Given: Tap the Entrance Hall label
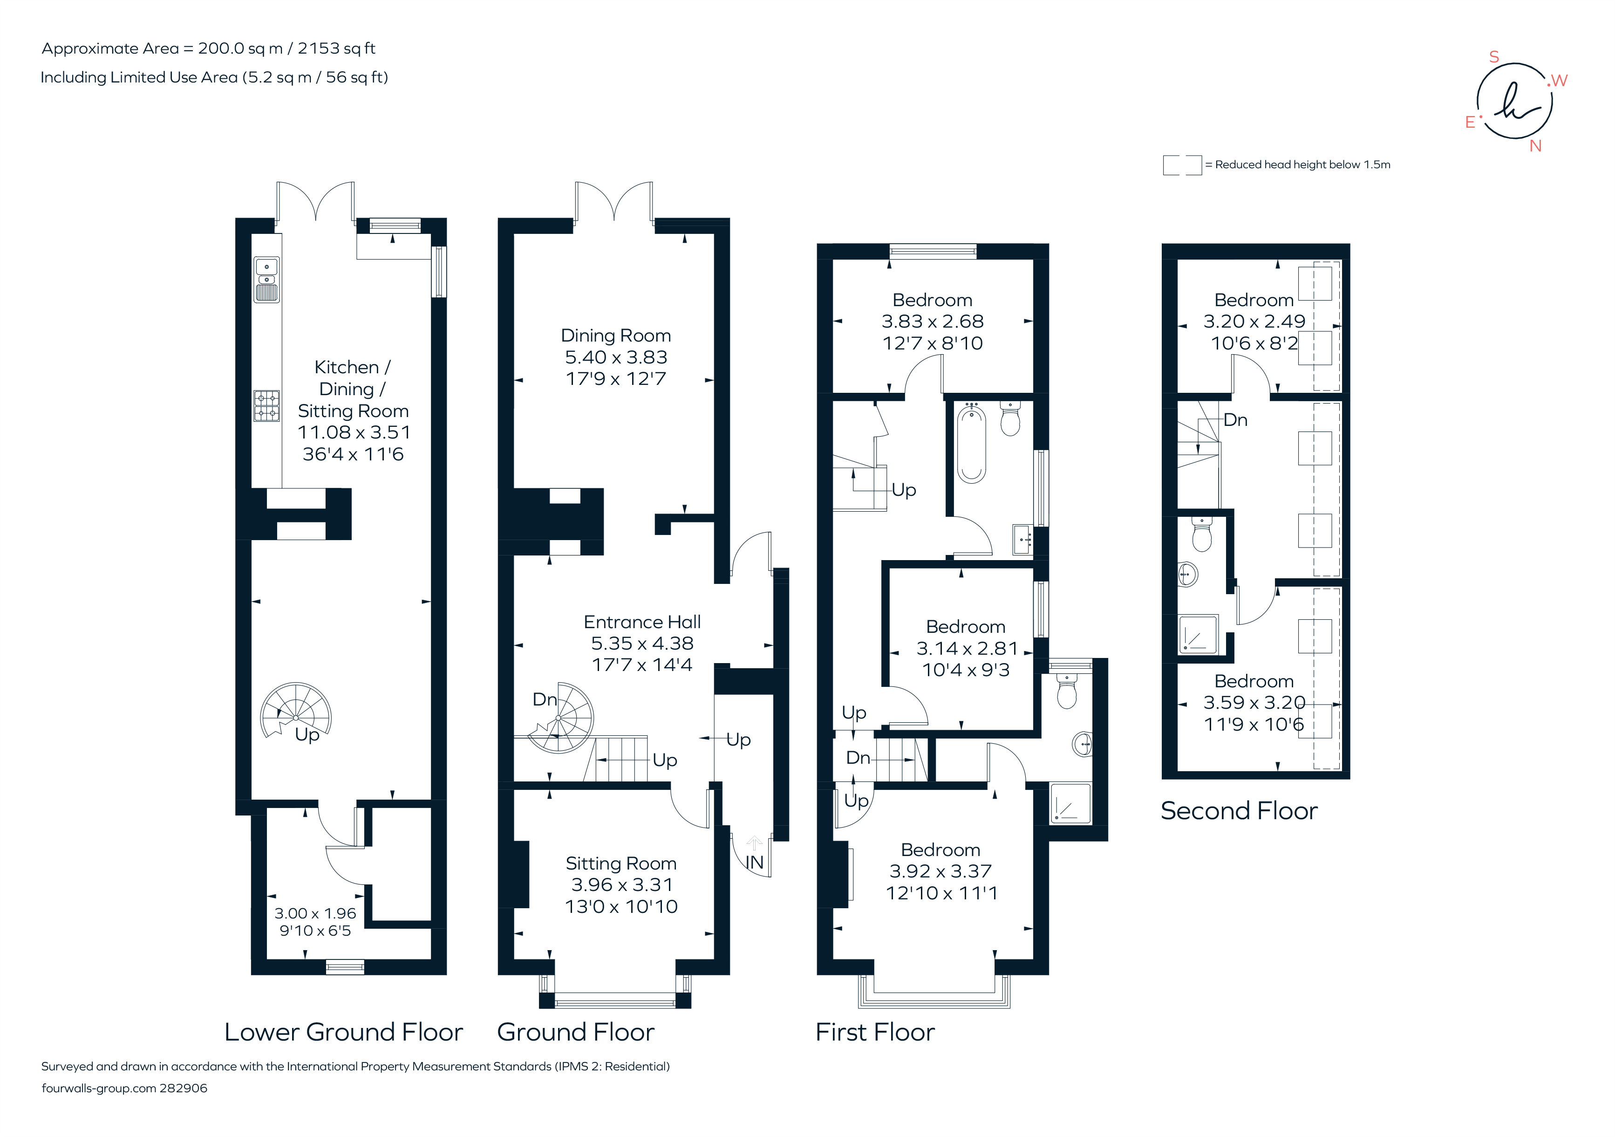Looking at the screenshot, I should [x=642, y=622].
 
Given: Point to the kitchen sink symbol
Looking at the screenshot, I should [x=266, y=279].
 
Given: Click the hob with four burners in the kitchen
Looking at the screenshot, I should [x=266, y=406].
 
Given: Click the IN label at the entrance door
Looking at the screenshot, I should [x=754, y=863].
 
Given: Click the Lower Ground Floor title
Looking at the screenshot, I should [x=343, y=1032].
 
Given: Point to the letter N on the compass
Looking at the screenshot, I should [x=1535, y=146].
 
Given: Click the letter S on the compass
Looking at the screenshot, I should [x=1494, y=57].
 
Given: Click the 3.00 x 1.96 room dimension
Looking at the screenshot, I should [x=315, y=913].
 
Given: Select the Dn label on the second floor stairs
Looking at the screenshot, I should [x=1235, y=420].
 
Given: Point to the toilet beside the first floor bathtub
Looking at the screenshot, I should [x=1010, y=420].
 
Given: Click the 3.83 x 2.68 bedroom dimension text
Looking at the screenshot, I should [x=932, y=322].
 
